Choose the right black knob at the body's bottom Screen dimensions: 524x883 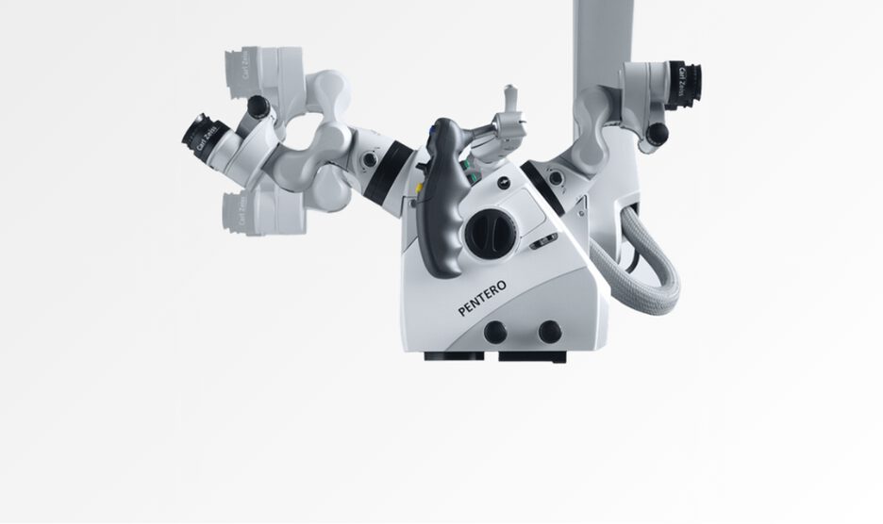tap(550, 332)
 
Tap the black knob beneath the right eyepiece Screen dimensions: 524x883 tap(655, 134)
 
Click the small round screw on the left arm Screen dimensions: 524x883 tap(371, 160)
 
